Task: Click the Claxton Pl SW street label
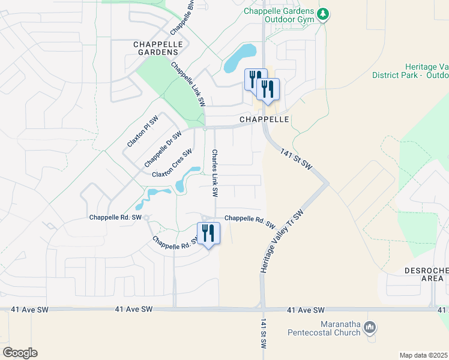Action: click(x=142, y=131)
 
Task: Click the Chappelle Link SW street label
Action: click(x=188, y=83)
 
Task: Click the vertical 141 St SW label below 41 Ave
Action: click(x=263, y=335)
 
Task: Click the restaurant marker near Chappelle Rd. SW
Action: click(x=208, y=233)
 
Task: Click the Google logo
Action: click(x=20, y=352)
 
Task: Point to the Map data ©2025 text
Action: click(x=424, y=355)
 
